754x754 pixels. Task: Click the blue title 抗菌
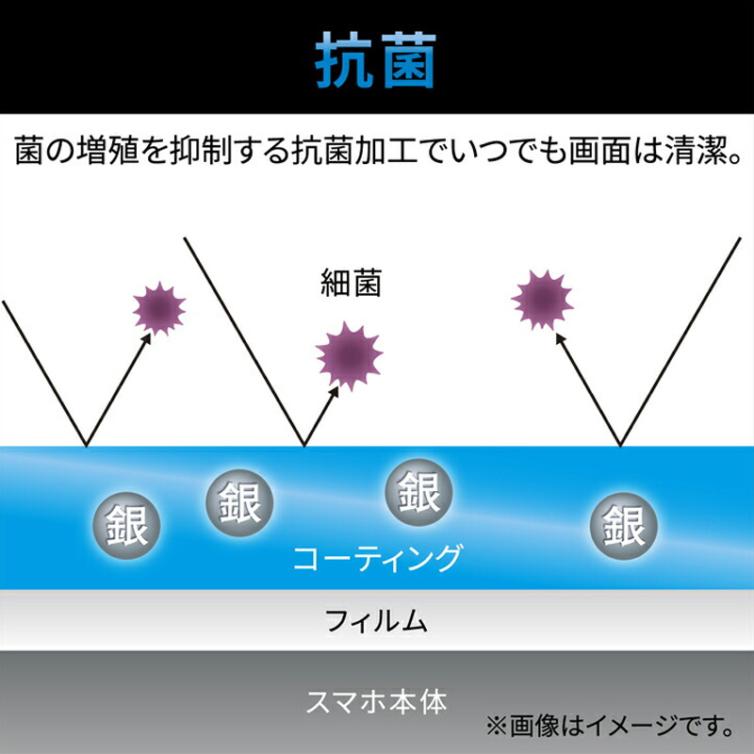(x=376, y=60)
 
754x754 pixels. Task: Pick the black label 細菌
(x=351, y=284)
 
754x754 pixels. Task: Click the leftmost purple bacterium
(x=159, y=309)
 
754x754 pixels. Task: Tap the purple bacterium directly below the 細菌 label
(x=349, y=356)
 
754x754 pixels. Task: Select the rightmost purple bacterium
(x=543, y=300)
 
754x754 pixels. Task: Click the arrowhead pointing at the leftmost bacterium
(x=147, y=337)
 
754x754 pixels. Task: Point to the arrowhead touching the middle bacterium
(x=335, y=391)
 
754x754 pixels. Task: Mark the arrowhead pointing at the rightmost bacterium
(x=560, y=338)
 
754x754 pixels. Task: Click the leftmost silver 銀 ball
(x=126, y=525)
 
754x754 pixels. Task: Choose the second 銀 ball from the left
(x=239, y=503)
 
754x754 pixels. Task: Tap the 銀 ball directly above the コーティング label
(x=419, y=492)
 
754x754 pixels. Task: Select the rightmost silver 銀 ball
(x=624, y=526)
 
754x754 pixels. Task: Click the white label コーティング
(x=377, y=558)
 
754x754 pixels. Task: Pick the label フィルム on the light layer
(x=376, y=621)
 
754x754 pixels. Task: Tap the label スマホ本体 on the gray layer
(x=376, y=702)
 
